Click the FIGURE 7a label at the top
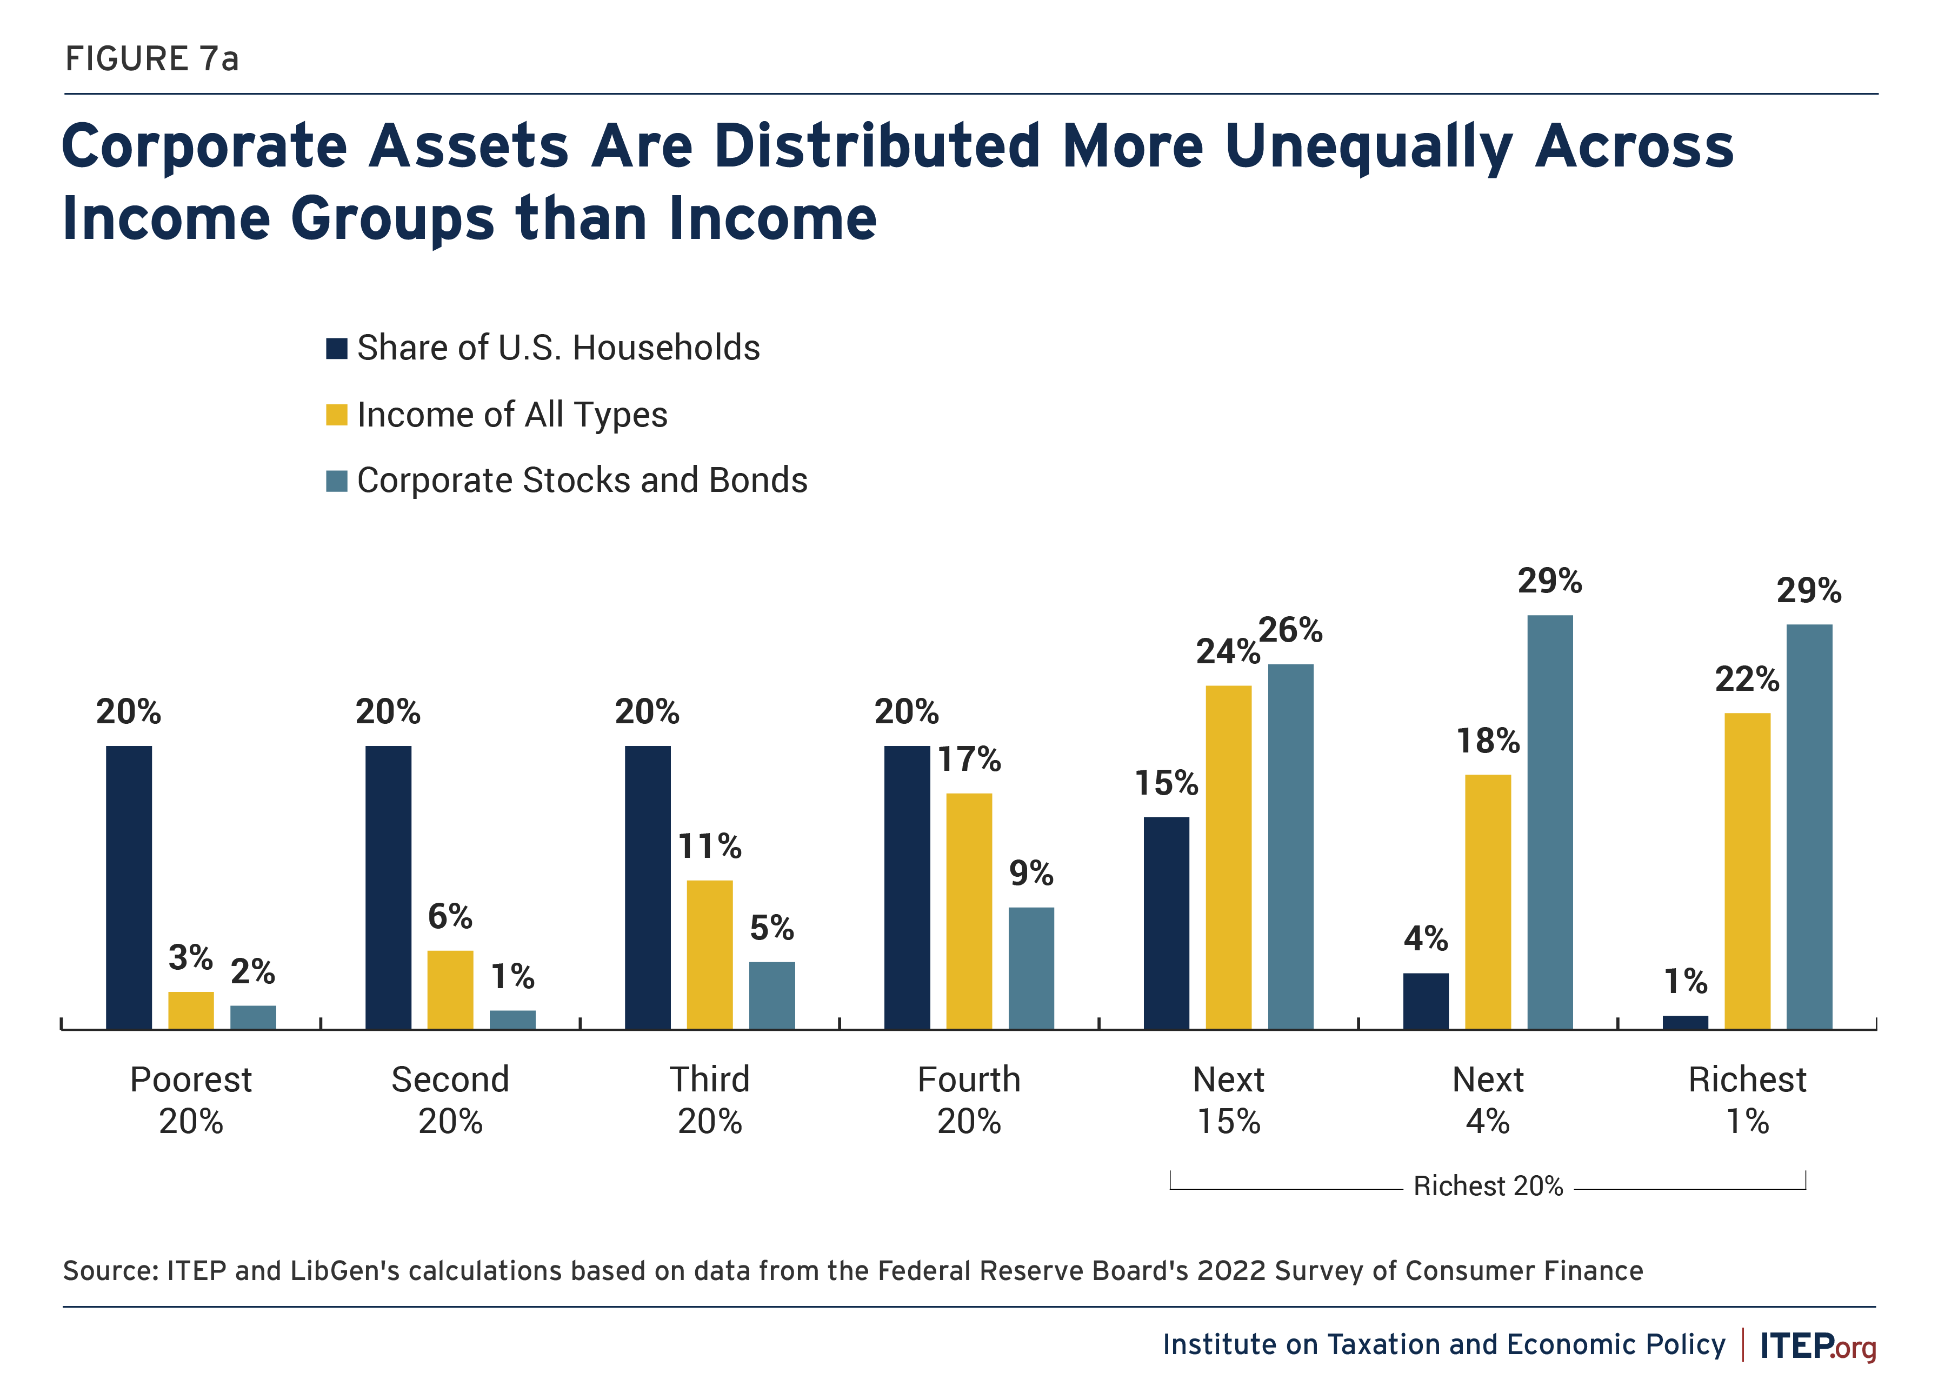(x=152, y=59)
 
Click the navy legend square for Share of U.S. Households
(x=336, y=348)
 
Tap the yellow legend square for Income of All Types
(x=336, y=415)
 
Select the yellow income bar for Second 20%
(x=450, y=989)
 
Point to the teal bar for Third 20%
(x=771, y=995)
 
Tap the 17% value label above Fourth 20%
(x=969, y=759)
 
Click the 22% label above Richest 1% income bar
(x=1747, y=679)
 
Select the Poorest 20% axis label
(x=191, y=1100)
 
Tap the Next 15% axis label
(x=1228, y=1100)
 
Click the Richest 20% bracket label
(x=1487, y=1187)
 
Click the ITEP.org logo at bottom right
(x=1817, y=1346)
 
